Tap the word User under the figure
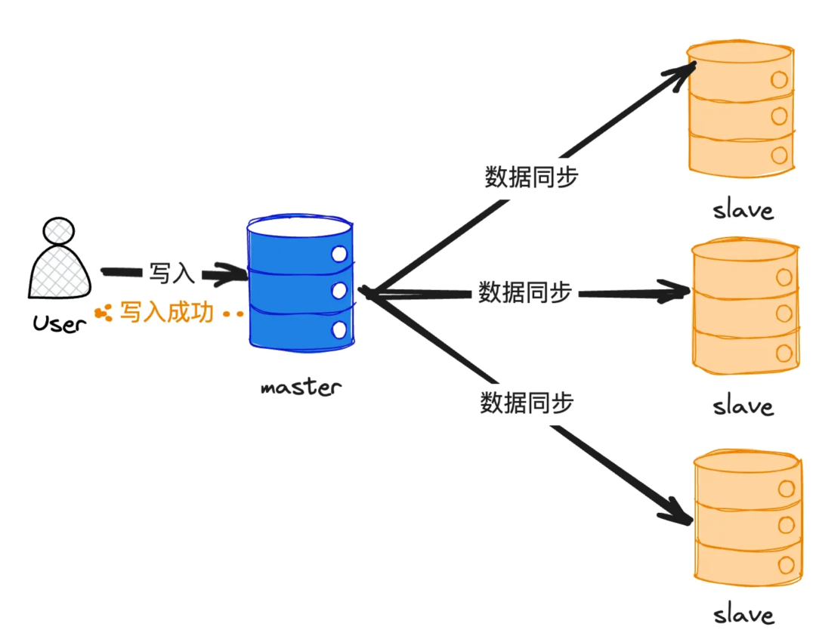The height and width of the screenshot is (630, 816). click(60, 324)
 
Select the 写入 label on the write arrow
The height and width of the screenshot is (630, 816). click(172, 273)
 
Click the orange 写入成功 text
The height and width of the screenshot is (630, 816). click(167, 312)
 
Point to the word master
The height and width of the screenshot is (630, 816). click(301, 388)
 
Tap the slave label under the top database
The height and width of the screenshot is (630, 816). click(743, 209)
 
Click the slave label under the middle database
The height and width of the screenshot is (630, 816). click(743, 406)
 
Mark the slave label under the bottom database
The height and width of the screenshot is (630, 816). click(744, 613)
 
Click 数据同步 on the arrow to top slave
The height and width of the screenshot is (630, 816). click(531, 177)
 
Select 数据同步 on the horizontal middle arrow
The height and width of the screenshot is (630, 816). click(524, 292)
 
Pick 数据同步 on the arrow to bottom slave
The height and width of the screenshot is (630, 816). click(527, 403)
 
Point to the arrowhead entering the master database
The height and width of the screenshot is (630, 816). click(234, 275)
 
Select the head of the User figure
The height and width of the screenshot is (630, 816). click(59, 231)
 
